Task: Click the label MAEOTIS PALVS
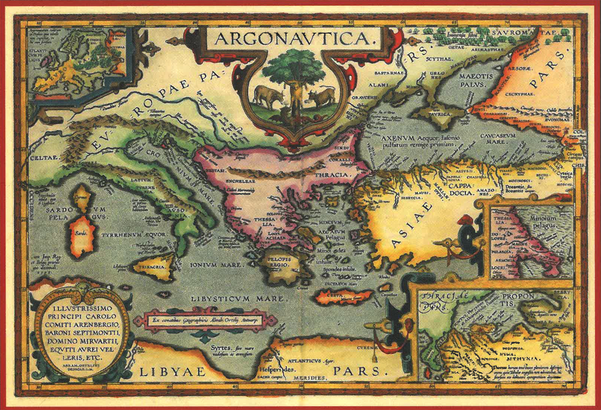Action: pos(476,80)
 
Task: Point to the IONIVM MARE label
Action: pos(216,265)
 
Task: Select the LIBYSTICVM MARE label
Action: pos(237,299)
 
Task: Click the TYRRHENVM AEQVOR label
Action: pos(134,235)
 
